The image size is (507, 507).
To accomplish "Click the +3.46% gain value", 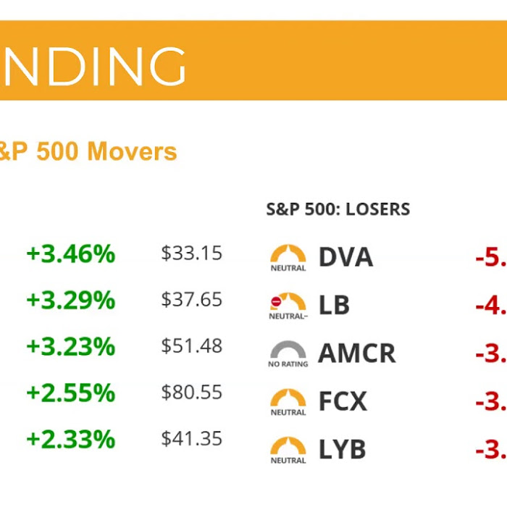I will (x=70, y=254).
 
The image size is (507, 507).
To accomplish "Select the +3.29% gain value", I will (x=70, y=300).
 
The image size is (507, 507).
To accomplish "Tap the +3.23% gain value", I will (x=70, y=346).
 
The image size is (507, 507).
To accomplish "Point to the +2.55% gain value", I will (x=70, y=393).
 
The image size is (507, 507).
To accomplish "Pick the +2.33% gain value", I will (x=70, y=440).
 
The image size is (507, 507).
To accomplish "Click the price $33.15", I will (x=191, y=254).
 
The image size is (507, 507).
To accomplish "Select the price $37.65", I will (x=191, y=300).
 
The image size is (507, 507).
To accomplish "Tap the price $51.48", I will (x=191, y=346).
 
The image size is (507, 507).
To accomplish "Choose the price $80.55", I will (x=191, y=393).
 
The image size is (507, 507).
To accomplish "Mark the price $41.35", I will (x=191, y=440).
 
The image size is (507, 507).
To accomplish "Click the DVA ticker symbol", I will (x=345, y=257).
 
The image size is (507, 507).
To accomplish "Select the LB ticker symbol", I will (x=334, y=305).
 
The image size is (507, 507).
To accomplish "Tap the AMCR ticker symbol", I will (x=357, y=353).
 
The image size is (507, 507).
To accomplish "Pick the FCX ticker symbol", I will (x=343, y=401).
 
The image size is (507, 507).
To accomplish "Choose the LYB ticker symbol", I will (x=343, y=450).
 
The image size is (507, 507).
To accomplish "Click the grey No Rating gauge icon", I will (x=288, y=353).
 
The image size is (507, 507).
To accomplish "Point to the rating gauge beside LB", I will (x=288, y=304).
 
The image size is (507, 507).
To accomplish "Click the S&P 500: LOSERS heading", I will (x=338, y=210).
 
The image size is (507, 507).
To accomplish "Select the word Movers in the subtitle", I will (x=132, y=151).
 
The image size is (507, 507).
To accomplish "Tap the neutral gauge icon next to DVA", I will (x=288, y=256).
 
